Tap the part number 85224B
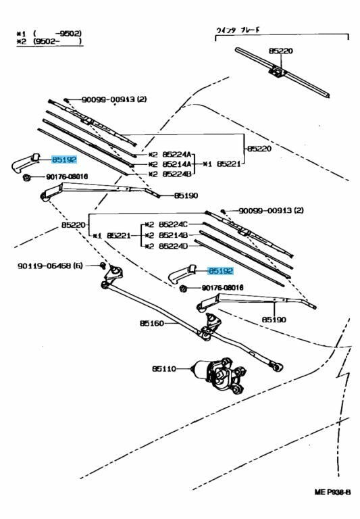[x=177, y=174]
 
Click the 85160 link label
[x=152, y=324]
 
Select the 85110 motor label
[x=163, y=369]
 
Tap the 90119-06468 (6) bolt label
[x=50, y=266]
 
